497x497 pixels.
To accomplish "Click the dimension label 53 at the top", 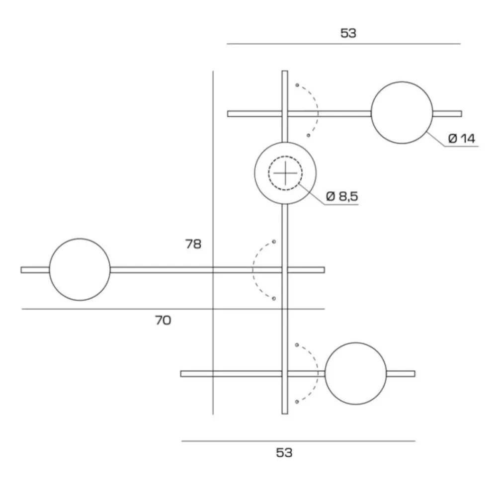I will pyautogui.click(x=348, y=33).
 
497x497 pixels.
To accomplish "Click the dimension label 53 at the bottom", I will pyautogui.click(x=284, y=453).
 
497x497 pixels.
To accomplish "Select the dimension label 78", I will pyautogui.click(x=193, y=244).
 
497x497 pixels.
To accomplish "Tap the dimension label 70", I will pyautogui.click(x=163, y=321).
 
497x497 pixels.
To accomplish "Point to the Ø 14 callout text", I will pyautogui.click(x=461, y=139).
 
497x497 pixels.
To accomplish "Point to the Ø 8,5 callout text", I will pyautogui.click(x=342, y=196).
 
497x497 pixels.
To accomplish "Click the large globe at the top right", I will pyautogui.click(x=402, y=113).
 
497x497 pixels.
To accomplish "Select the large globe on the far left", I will pyautogui.click(x=80, y=269).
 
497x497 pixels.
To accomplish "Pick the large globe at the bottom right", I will pyautogui.click(x=355, y=373).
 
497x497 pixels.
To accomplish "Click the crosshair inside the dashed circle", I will pyautogui.click(x=285, y=173).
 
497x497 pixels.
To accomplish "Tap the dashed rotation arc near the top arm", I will pyautogui.click(x=315, y=110).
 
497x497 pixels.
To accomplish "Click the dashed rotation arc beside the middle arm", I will pyautogui.click(x=254, y=270).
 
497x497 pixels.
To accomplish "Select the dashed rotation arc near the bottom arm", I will pyautogui.click(x=315, y=373).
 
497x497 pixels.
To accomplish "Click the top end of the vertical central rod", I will pyautogui.click(x=285, y=73).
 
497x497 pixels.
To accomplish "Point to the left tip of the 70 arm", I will pyautogui.click(x=22, y=270).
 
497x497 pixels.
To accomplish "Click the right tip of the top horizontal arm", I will pyautogui.click(x=460, y=113).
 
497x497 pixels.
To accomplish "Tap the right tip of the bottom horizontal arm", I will pyautogui.click(x=414, y=373).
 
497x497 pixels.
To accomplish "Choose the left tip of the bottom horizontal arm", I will pyautogui.click(x=182, y=373).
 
